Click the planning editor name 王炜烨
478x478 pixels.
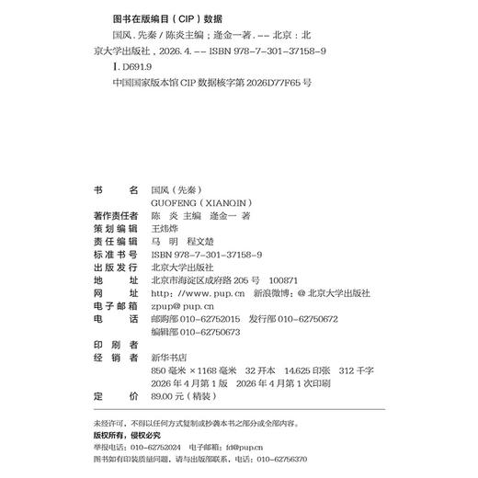click(x=164, y=228)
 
